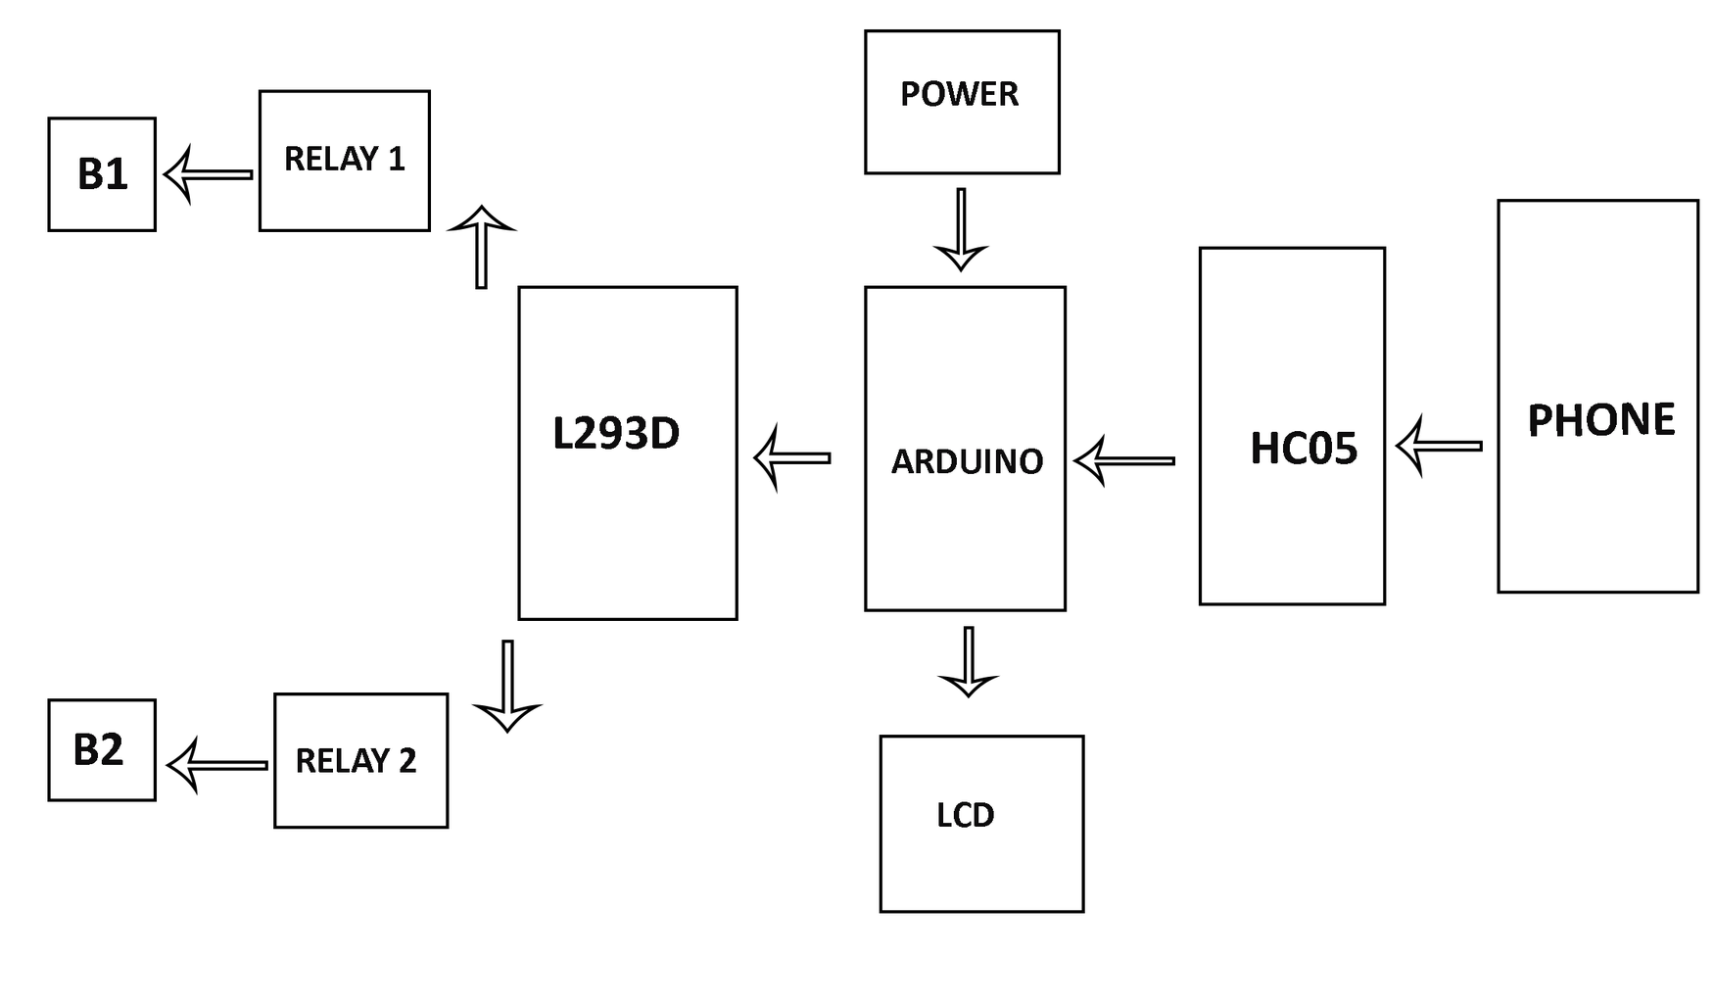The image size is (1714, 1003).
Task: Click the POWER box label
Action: point(959,94)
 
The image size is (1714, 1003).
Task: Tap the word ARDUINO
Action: point(967,461)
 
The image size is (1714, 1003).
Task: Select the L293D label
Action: point(616,433)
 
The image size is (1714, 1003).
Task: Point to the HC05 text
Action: point(1304,449)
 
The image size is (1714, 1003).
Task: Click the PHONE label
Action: point(1600,420)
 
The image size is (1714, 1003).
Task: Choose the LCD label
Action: point(965,815)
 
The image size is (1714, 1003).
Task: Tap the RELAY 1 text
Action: point(344,159)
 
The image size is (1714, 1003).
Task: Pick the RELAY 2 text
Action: point(356,761)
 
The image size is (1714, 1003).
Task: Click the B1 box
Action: point(102,174)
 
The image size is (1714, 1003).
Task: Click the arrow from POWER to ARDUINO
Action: point(961,229)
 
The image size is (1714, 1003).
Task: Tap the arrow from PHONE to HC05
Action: point(1438,446)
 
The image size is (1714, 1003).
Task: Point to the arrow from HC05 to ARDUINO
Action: point(1124,460)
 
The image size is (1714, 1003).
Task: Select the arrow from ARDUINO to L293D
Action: point(792,457)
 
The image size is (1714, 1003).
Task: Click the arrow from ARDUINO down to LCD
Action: point(968,662)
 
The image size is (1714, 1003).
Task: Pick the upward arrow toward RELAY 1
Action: point(481,247)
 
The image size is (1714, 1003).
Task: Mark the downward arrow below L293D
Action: point(507,686)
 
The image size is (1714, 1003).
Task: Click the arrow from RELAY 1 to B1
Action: point(208,175)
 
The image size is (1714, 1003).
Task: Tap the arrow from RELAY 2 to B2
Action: point(217,765)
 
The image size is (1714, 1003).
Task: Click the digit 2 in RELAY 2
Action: point(406,761)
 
